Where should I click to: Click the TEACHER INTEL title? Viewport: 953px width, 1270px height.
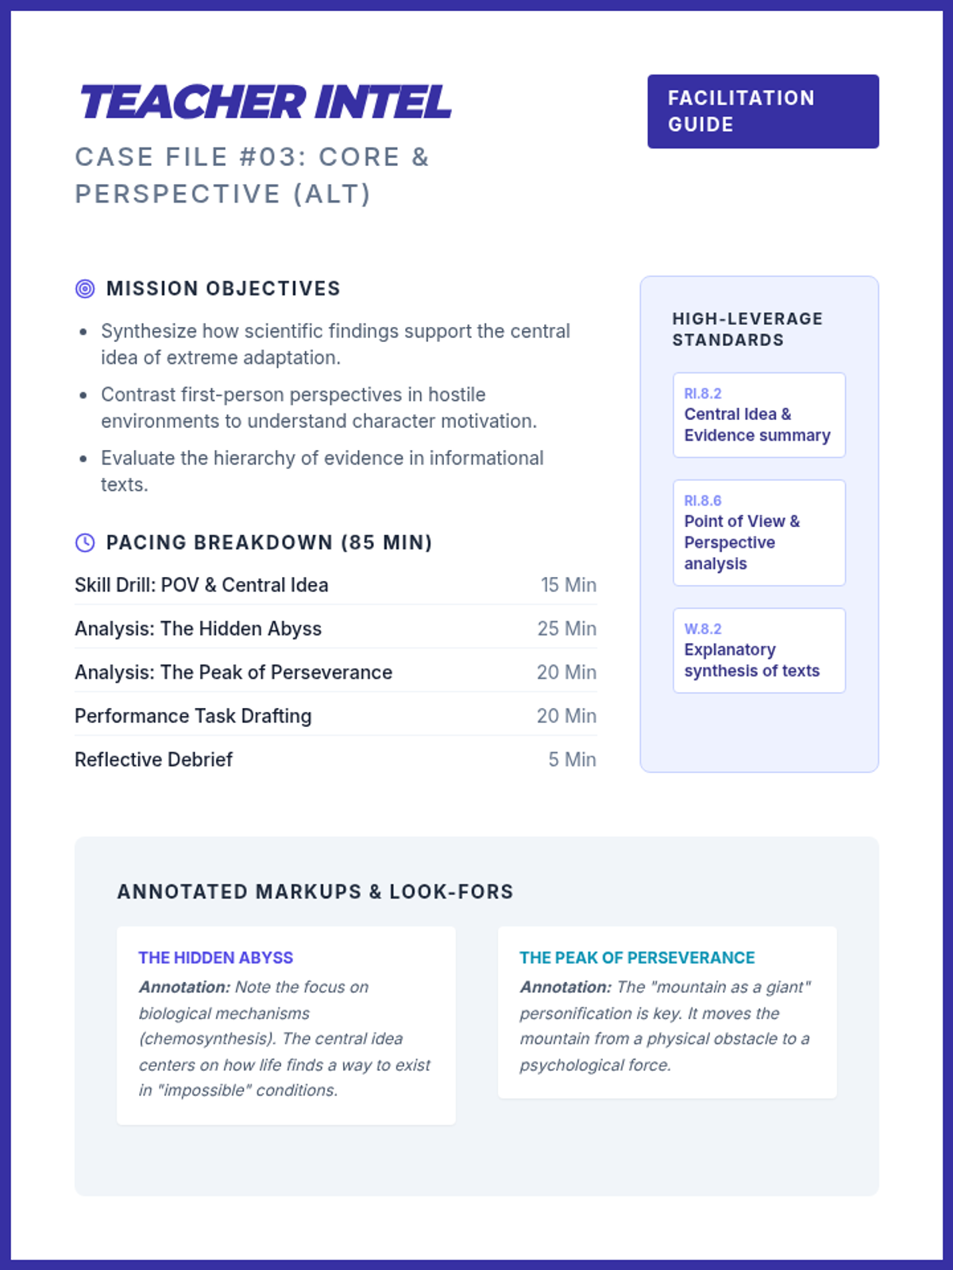point(265,102)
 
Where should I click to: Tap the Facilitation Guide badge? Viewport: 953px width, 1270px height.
point(762,111)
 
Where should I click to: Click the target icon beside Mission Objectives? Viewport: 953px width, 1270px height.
point(85,289)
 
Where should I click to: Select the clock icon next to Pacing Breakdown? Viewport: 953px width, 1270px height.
point(85,543)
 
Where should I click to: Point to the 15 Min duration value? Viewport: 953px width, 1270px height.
point(568,585)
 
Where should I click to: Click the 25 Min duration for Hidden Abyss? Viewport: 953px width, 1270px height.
point(566,629)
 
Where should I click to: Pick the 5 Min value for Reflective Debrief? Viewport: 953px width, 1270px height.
point(572,760)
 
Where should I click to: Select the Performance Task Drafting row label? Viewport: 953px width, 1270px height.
point(193,716)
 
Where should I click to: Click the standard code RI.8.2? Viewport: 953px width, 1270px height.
point(703,394)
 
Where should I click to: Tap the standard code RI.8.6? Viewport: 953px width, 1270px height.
point(703,501)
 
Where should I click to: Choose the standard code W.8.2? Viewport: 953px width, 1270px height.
point(703,629)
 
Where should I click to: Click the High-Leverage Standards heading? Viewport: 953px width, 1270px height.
point(747,329)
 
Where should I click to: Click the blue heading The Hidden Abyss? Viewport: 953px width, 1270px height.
point(216,958)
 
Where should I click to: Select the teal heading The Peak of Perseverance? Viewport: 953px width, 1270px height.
point(637,958)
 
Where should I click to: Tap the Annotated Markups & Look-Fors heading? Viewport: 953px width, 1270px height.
point(315,892)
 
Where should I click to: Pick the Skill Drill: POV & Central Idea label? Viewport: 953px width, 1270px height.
point(201,585)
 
